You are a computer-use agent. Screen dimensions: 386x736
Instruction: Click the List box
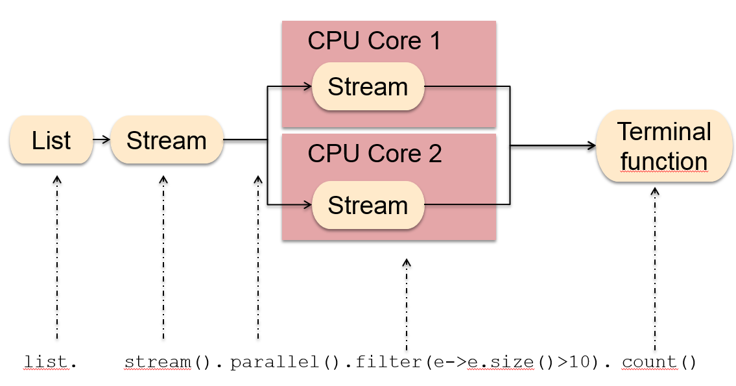tap(51, 140)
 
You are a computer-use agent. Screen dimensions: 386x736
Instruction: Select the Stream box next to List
tap(167, 140)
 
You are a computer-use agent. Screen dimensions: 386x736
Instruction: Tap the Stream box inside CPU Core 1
tap(368, 86)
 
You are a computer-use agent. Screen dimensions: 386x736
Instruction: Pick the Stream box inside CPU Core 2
tap(368, 205)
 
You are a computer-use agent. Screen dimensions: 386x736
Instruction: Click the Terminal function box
tap(663, 146)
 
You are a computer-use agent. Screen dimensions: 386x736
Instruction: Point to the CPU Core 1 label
tap(374, 41)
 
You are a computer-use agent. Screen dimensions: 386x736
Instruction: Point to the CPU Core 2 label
tap(374, 154)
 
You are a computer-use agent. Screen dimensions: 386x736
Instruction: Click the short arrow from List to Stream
tap(101, 139)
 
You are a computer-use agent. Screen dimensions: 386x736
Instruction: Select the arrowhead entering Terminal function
tap(591, 146)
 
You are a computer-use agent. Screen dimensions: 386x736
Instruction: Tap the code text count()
tap(658, 362)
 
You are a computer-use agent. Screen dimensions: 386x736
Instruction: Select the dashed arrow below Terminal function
tap(655, 266)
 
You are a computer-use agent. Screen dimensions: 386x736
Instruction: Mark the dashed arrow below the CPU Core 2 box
tap(407, 302)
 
